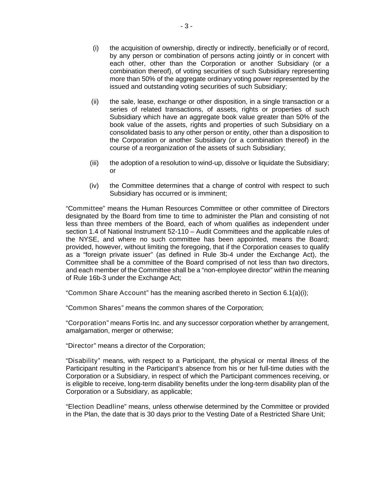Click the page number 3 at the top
(x=186, y=26)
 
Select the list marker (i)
(x=95, y=48)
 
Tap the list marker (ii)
(x=95, y=102)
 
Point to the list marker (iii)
(x=94, y=163)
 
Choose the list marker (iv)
(x=94, y=186)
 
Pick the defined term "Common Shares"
(x=94, y=308)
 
